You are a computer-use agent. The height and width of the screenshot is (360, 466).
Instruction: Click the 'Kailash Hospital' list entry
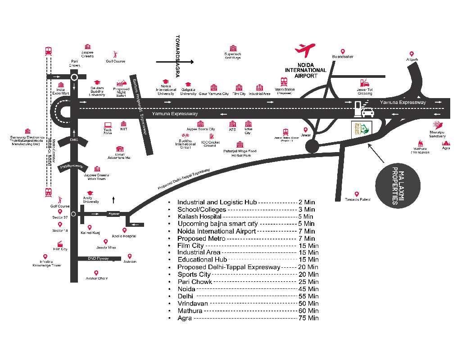click(x=199, y=216)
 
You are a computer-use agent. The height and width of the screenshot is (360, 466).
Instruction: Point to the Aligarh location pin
click(x=412, y=54)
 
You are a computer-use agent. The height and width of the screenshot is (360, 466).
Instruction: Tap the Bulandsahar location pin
click(x=343, y=52)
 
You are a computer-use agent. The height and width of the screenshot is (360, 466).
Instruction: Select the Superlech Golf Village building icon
click(x=233, y=48)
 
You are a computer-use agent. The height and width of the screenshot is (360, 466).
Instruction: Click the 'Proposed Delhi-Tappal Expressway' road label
click(x=184, y=179)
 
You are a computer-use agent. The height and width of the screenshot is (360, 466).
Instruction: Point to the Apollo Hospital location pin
click(x=125, y=230)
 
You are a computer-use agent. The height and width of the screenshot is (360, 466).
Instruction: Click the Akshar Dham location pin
click(x=96, y=273)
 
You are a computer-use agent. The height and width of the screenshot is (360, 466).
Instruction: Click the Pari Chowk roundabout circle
click(x=75, y=77)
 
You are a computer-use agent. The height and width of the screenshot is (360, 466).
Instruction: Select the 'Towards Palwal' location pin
click(x=357, y=193)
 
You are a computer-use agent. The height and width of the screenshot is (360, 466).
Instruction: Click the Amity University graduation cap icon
click(x=90, y=193)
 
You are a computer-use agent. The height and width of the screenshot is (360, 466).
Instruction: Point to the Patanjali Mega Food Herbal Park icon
click(x=240, y=144)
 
